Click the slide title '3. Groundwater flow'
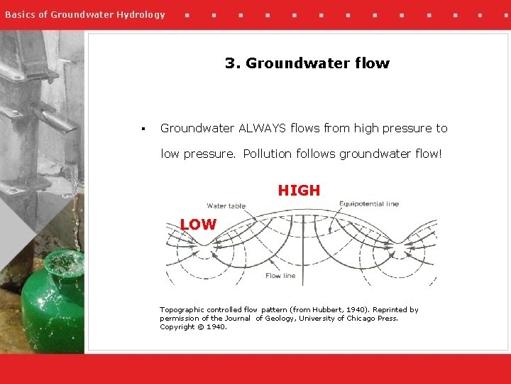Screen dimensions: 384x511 [307, 63]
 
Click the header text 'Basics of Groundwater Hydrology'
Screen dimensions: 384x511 [85, 14]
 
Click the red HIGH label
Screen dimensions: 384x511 [299, 191]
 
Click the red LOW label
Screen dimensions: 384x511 [198, 225]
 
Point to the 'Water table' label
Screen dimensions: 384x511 [226, 206]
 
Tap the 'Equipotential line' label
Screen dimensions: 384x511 [368, 204]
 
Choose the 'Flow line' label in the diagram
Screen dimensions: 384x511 [280, 276]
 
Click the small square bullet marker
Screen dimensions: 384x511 [143, 129]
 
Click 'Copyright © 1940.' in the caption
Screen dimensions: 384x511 [193, 327]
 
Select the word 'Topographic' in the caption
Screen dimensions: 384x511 [182, 310]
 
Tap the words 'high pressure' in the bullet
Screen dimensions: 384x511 [393, 128]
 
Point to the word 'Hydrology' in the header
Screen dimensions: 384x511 [143, 14]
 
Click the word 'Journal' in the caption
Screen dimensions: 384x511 [238, 319]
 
